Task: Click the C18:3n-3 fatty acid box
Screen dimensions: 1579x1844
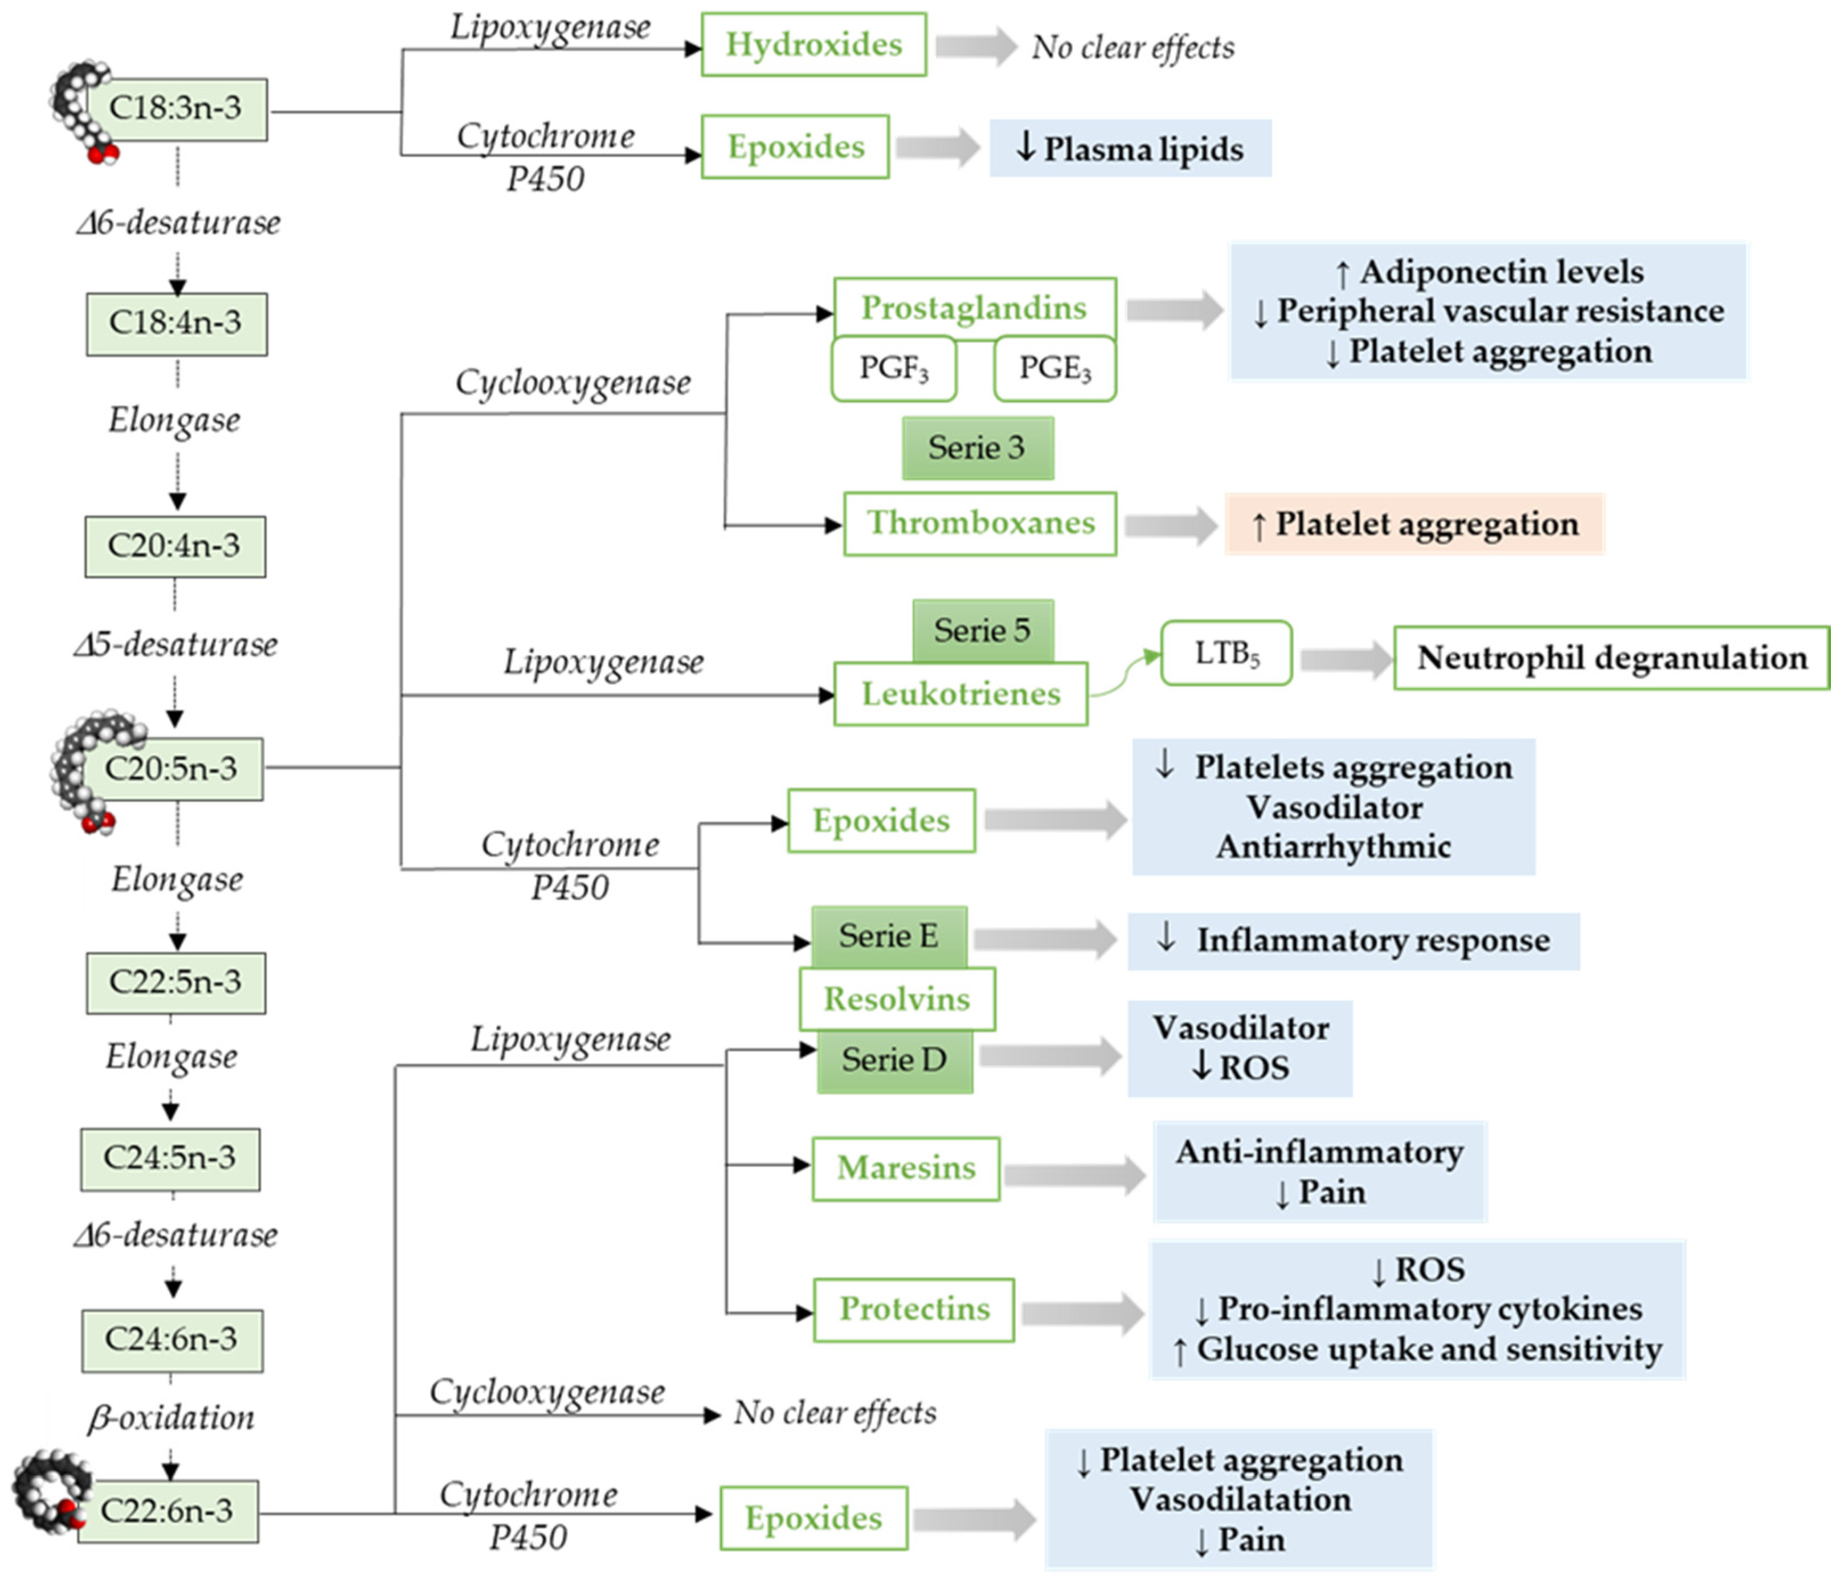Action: (176, 109)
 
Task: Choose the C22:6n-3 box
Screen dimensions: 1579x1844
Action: (168, 1511)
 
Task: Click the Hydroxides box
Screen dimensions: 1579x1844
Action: (813, 44)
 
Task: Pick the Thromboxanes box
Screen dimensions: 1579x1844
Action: (980, 523)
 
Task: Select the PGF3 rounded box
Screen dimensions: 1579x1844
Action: (894, 368)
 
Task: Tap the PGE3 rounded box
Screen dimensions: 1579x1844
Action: (1054, 368)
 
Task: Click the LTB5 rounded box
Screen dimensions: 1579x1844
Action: (1226, 654)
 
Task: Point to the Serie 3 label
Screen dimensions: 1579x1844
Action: (977, 448)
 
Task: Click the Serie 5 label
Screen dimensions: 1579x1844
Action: (983, 631)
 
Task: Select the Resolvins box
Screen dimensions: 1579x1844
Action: (896, 999)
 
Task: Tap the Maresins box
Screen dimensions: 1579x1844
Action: (905, 1168)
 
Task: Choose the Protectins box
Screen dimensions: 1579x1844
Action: (914, 1309)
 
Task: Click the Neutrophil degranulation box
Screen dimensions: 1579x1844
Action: (1611, 658)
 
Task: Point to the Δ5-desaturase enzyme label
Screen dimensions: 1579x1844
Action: (176, 644)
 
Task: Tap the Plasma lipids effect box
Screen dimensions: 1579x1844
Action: (1130, 149)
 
